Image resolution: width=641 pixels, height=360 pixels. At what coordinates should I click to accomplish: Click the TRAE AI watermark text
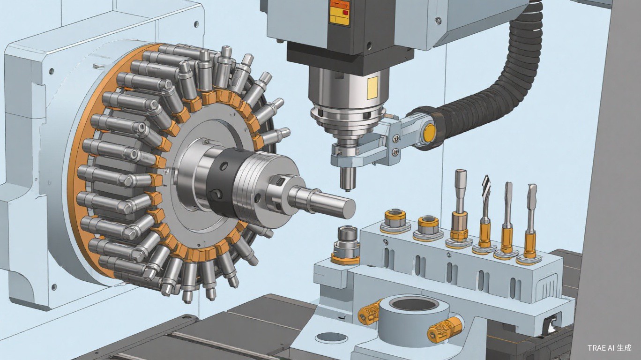click(x=608, y=348)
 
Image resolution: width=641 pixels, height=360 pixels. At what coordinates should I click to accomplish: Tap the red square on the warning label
click(x=346, y=13)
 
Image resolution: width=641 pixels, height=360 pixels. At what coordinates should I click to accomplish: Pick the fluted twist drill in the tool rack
click(x=485, y=215)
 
